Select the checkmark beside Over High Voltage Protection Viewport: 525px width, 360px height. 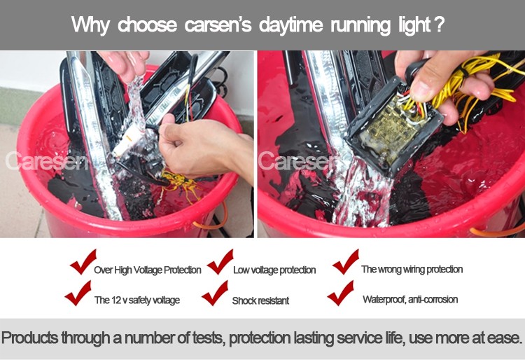pos(83,261)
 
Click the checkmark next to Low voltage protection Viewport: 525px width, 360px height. pos(220,261)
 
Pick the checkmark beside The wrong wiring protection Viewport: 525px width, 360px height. pos(346,261)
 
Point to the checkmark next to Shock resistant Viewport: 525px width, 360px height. pos(215,293)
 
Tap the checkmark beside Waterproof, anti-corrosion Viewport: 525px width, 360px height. pos(340,293)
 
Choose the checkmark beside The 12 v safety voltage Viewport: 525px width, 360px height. pos(78,293)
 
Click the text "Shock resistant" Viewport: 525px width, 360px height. pos(260,300)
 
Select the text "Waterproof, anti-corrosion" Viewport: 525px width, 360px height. pos(410,299)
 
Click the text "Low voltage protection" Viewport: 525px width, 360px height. pos(274,270)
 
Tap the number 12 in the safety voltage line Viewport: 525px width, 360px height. pos(115,300)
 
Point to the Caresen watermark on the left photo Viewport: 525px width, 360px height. pos(46,160)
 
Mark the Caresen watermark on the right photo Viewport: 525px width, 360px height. pos(297,160)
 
